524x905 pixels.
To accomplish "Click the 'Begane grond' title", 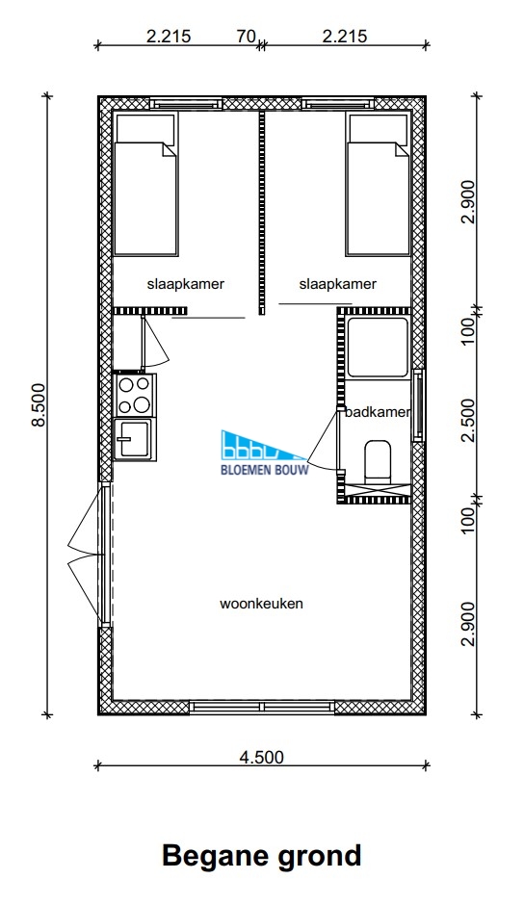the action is (x=261, y=856).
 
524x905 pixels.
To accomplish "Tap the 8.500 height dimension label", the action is (x=39, y=404).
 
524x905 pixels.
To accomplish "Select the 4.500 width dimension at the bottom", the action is (x=262, y=756).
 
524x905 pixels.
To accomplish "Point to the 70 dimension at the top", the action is (x=247, y=36).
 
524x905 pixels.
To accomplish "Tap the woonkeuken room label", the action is (x=261, y=604).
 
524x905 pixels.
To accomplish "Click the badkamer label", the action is (x=378, y=412).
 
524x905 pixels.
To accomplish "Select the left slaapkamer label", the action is (x=186, y=285).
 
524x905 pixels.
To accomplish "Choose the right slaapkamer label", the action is (x=338, y=285).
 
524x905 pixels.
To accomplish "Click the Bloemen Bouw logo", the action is (x=265, y=452).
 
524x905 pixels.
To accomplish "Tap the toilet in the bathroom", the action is (x=379, y=460).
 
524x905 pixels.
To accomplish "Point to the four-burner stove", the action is (x=135, y=394).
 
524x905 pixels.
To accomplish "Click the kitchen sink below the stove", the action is (x=135, y=439).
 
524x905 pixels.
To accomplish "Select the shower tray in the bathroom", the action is (x=378, y=347).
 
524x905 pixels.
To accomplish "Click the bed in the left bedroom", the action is (x=145, y=184).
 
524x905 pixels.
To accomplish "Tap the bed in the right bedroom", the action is (x=378, y=184).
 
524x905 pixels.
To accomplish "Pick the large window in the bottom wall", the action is (x=262, y=707).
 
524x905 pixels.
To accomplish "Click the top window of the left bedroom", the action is (x=186, y=104).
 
